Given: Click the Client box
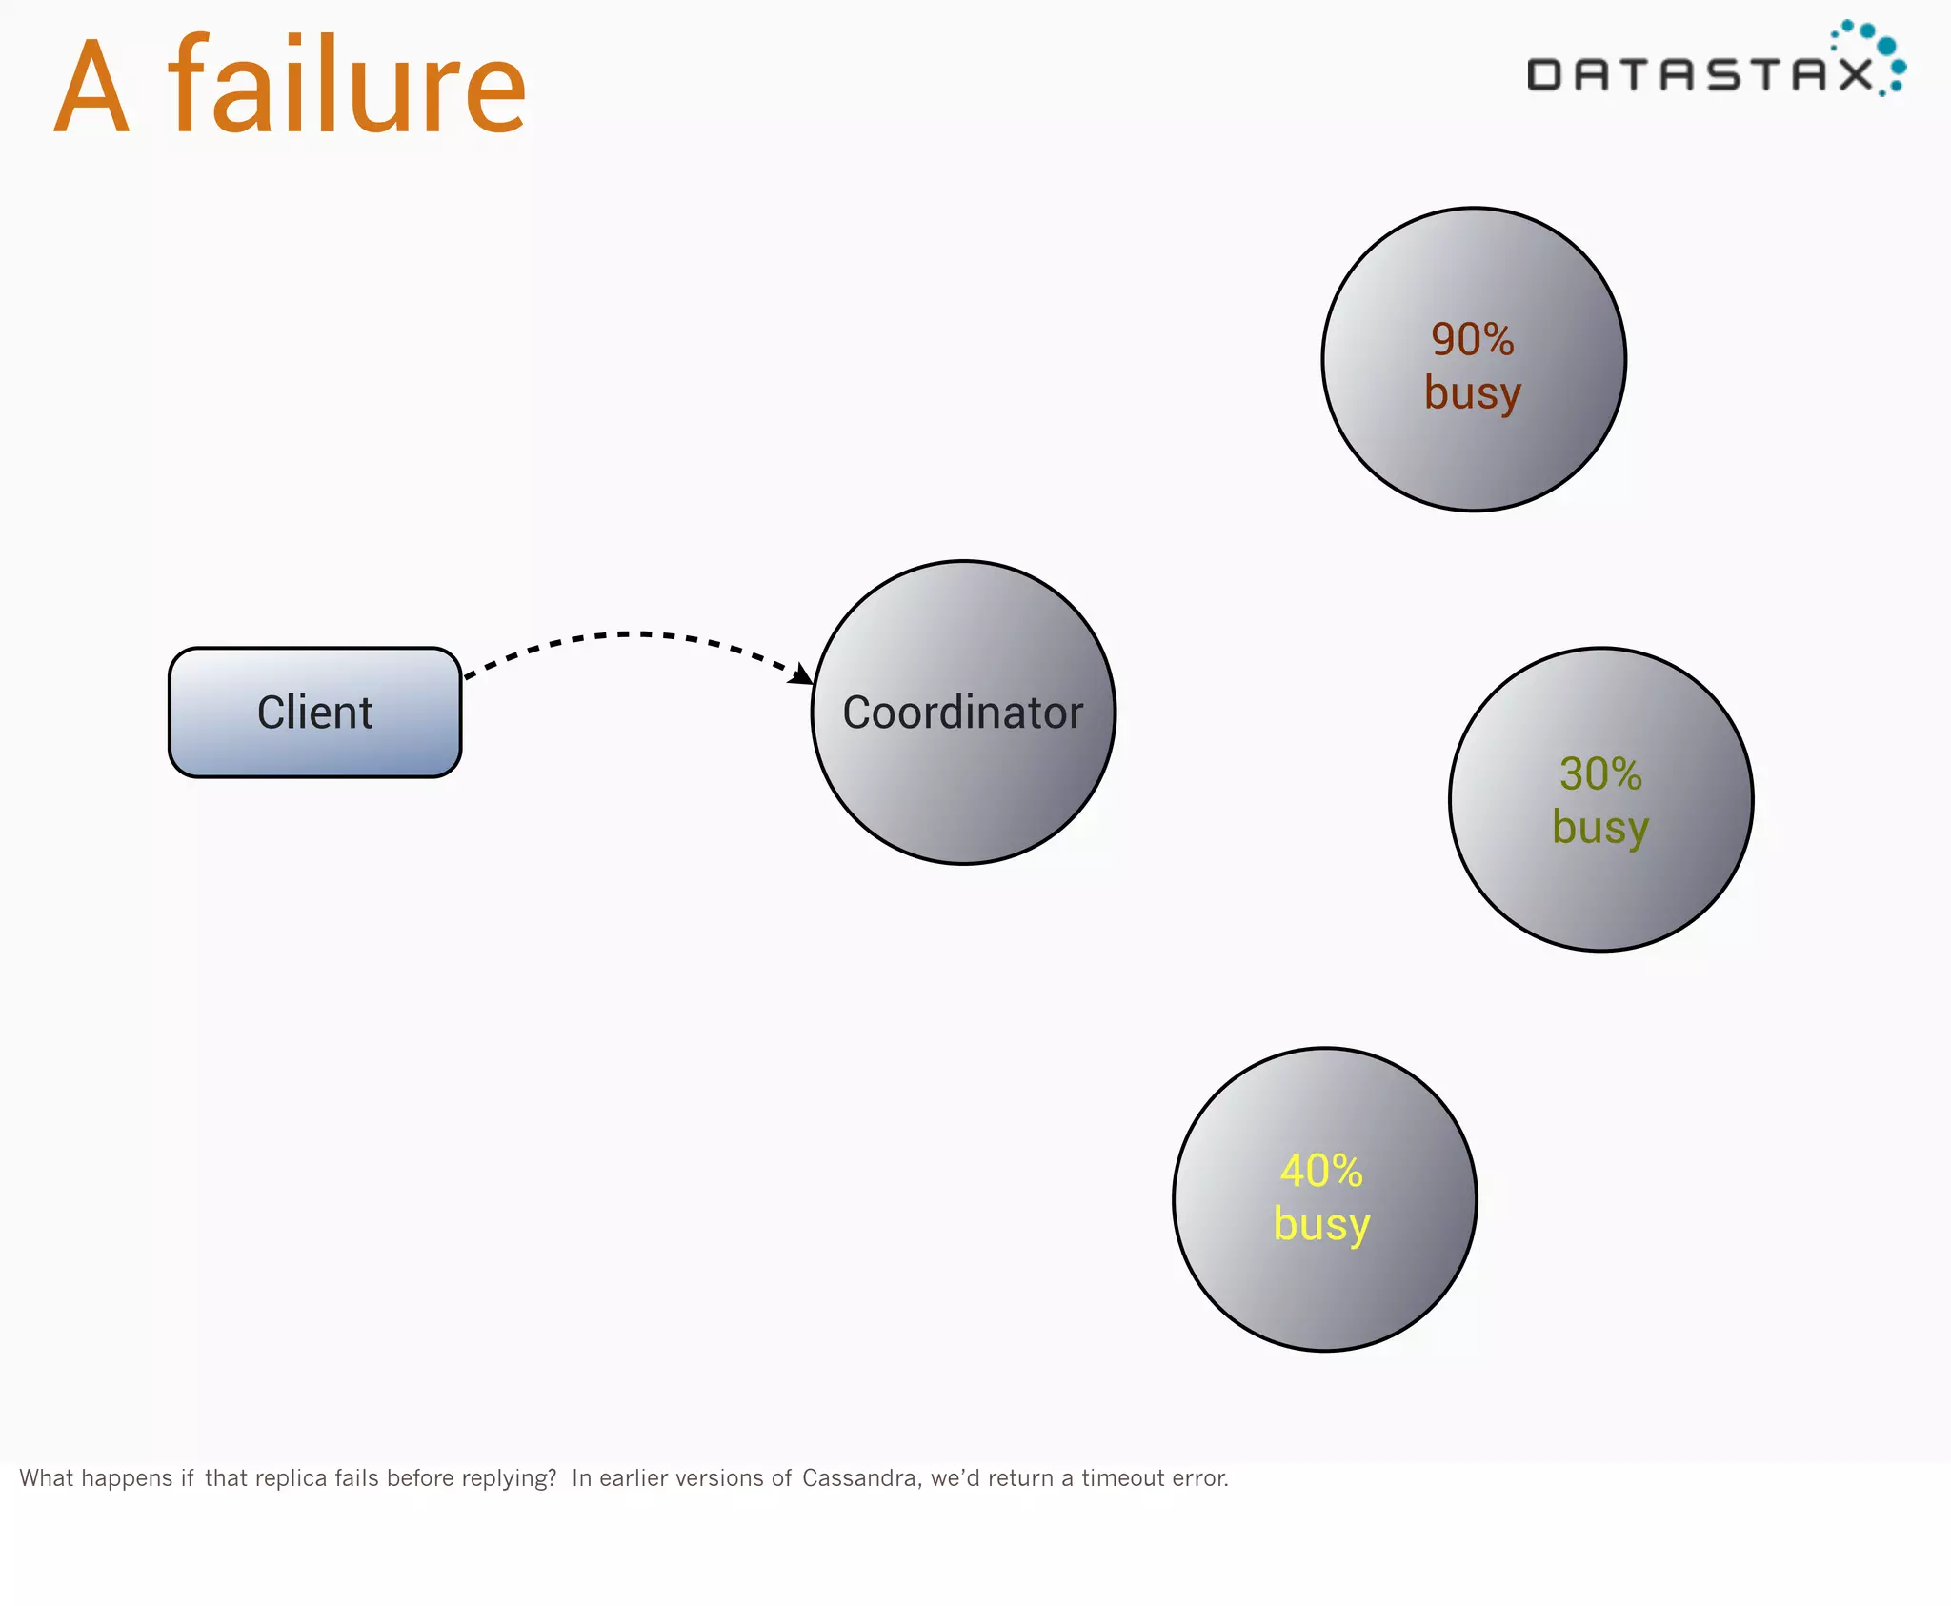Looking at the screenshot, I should (x=314, y=713).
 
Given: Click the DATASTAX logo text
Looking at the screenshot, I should (x=1700, y=74).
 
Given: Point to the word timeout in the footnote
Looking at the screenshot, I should (x=1123, y=1477).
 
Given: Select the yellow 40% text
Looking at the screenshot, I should (x=1321, y=1171).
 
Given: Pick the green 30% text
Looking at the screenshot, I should (x=1600, y=773).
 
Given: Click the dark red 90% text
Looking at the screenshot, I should (x=1472, y=339).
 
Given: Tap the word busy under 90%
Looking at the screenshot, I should (x=1472, y=392).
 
